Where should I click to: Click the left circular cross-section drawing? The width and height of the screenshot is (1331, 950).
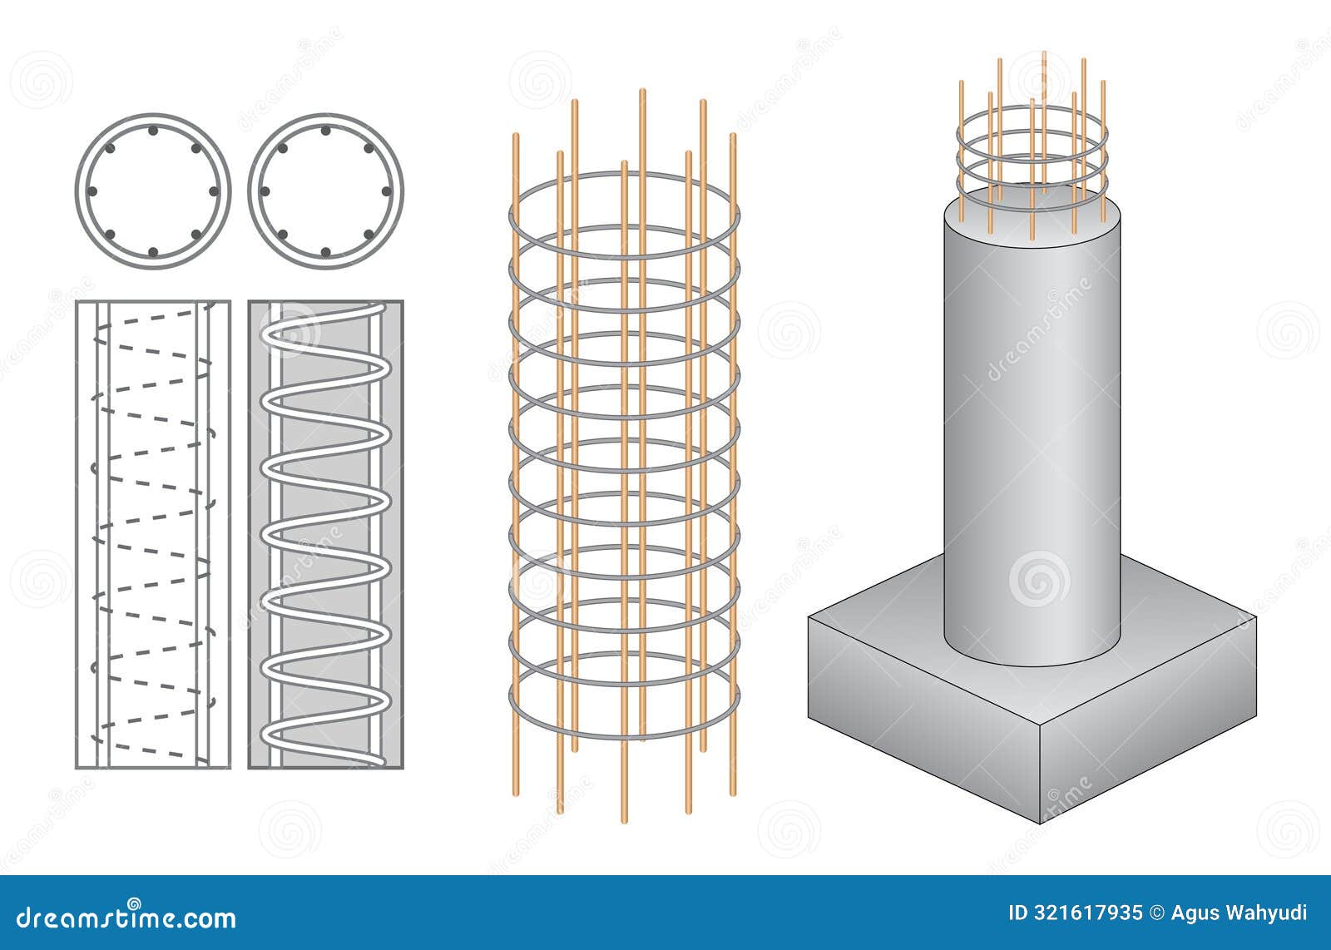pyautogui.click(x=152, y=190)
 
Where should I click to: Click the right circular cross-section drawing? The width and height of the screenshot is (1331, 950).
pyautogui.click(x=325, y=190)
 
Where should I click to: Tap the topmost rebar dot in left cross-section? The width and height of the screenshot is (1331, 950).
pyautogui.click(x=152, y=131)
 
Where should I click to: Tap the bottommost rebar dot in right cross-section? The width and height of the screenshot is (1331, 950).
pyautogui.click(x=325, y=252)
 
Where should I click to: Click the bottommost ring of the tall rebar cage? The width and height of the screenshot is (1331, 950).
pyautogui.click(x=624, y=737)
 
